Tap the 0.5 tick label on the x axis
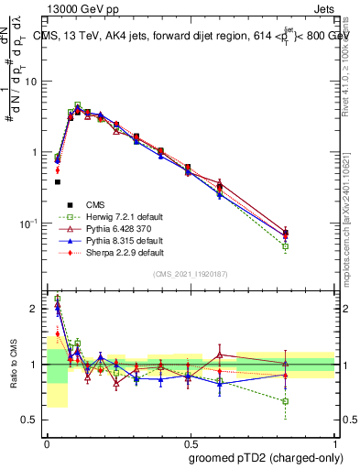tap(190, 441)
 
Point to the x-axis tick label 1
tap(334, 441)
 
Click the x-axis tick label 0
tap(46, 441)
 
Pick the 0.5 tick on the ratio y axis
tap(31, 420)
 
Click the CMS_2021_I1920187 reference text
tap(191, 274)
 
